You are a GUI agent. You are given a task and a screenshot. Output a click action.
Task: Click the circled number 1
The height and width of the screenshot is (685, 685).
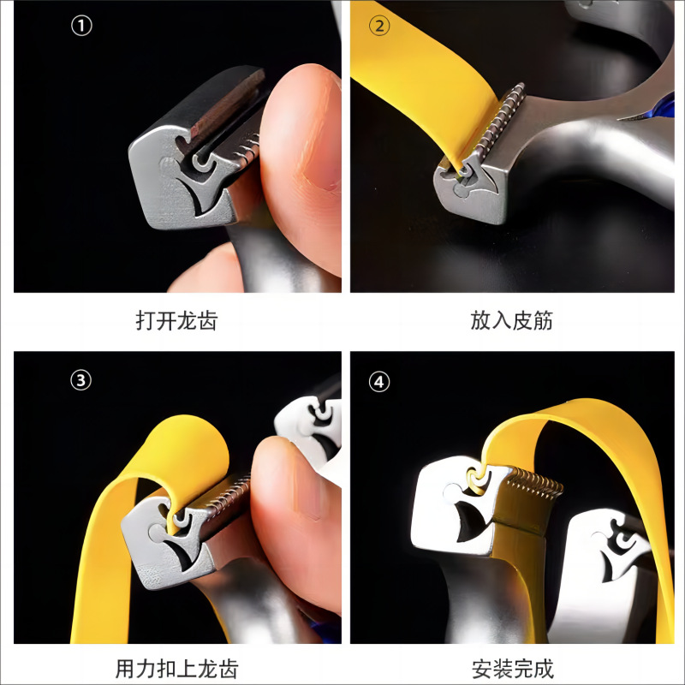pos(81,26)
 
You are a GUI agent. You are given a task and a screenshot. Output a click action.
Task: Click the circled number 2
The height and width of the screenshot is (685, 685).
pos(379,26)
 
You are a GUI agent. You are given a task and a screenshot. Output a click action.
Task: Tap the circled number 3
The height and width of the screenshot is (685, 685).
pos(80,380)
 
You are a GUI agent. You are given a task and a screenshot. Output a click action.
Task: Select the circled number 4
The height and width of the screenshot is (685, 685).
pos(378,382)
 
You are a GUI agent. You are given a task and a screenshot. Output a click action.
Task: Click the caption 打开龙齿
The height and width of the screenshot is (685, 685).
pos(176,320)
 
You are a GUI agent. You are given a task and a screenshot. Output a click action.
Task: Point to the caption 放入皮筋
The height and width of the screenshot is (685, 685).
pos(511,320)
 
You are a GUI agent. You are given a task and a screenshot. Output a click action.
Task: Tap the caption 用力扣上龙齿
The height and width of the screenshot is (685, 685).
pos(176,669)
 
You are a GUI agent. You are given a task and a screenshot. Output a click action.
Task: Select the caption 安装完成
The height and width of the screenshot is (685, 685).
pos(512,669)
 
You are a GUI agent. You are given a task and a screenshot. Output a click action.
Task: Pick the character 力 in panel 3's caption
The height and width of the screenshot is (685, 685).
pos(146,669)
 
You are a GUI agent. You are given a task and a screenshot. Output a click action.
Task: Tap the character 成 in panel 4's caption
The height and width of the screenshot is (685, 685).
pos(544,669)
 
